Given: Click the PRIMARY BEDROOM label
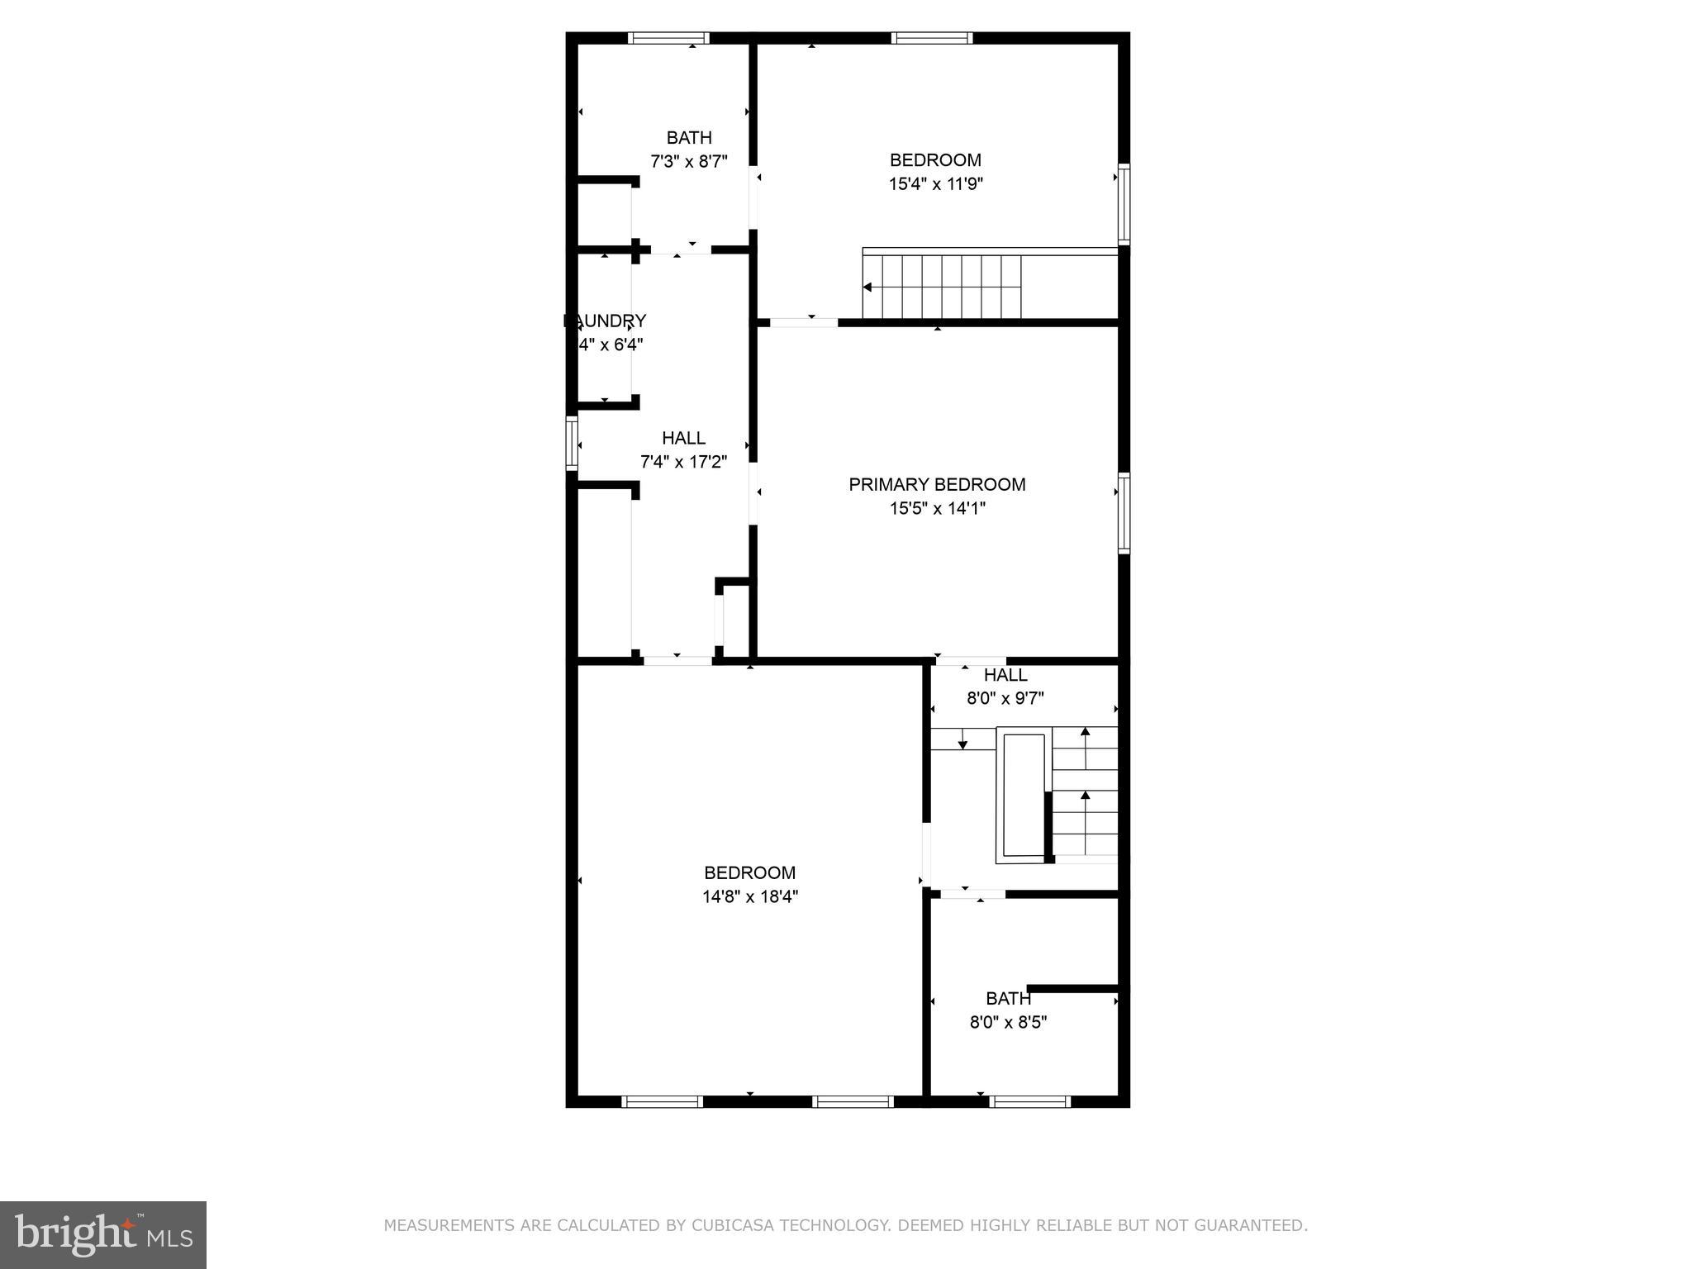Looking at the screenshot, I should click(x=937, y=485).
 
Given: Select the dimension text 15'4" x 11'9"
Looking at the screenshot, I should click(x=935, y=183).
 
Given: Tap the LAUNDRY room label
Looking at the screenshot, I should click(x=606, y=321).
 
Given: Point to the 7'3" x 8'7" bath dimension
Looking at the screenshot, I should click(x=688, y=161).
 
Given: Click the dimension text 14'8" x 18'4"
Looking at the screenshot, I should click(x=750, y=896).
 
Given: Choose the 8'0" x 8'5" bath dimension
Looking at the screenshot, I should click(x=1008, y=1022).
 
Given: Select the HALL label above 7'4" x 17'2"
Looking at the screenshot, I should click(x=683, y=438).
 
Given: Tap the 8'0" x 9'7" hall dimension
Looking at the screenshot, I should click(x=1005, y=698).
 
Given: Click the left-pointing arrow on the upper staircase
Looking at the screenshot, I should click(x=867, y=288).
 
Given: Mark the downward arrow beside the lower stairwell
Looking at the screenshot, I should click(x=962, y=740).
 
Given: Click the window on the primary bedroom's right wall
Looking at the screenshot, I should click(x=1124, y=512).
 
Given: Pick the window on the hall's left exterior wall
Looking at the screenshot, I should click(x=571, y=444).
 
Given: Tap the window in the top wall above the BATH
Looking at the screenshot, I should click(x=668, y=38).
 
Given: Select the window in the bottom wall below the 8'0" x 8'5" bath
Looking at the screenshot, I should click(x=1029, y=1101).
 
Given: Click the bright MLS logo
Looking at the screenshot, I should click(x=103, y=1234).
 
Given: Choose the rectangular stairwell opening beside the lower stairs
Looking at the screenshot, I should click(x=1022, y=795).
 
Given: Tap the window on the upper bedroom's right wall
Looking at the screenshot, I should click(x=1124, y=203).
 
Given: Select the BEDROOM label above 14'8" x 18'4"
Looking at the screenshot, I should click(x=749, y=872).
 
